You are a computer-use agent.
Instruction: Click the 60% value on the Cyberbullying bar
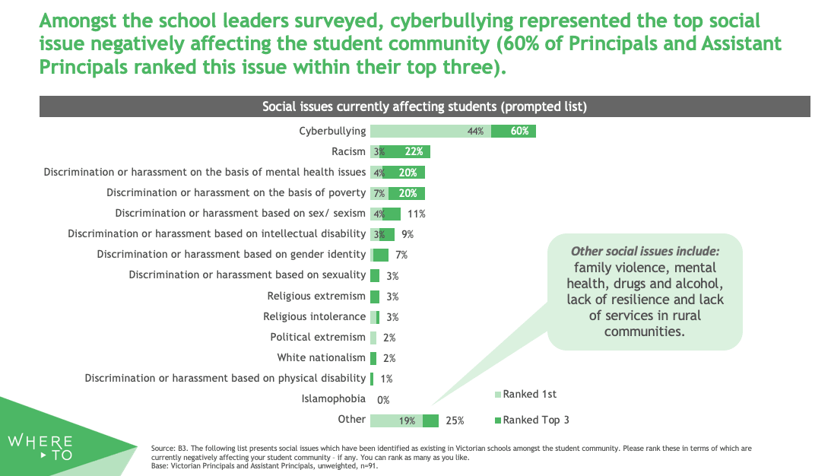point(519,132)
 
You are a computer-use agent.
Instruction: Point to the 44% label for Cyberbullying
point(476,132)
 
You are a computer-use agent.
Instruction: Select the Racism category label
point(349,151)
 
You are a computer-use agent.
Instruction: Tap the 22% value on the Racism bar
point(414,152)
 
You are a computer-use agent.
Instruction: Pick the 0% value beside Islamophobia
point(383,399)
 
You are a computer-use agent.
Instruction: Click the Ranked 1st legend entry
point(529,394)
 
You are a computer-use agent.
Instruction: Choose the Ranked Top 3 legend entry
point(535,419)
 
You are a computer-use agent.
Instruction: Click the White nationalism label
point(321,357)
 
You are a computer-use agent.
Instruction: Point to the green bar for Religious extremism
point(375,296)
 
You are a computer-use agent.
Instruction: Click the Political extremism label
point(318,337)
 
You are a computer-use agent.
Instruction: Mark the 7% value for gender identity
point(401,255)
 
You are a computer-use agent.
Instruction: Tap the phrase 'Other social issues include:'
point(645,251)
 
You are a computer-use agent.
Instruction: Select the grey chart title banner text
point(424,106)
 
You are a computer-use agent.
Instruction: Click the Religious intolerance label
point(314,316)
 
